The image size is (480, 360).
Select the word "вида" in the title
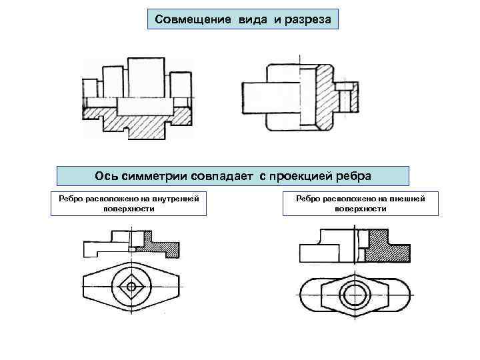(x=251, y=19)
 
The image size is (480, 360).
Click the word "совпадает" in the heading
(x=224, y=175)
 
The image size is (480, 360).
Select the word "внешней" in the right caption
(x=402, y=198)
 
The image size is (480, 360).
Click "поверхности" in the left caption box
(x=129, y=208)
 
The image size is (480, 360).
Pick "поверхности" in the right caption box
(x=361, y=208)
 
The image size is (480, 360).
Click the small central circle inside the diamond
(x=131, y=287)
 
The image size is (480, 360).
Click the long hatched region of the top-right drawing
(x=324, y=93)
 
